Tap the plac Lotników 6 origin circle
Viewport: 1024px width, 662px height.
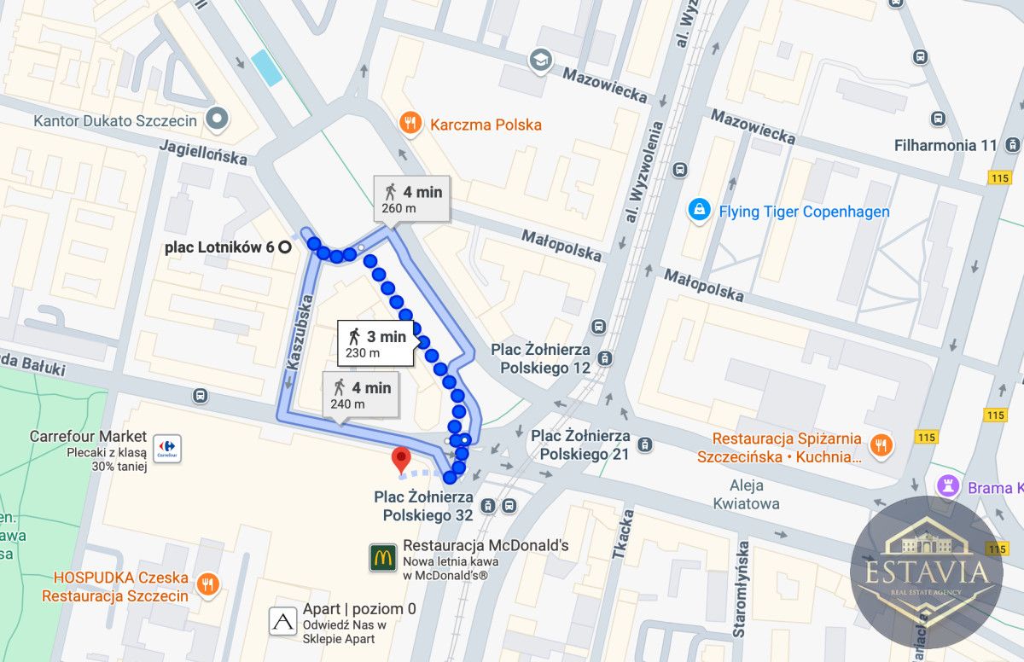tap(284, 247)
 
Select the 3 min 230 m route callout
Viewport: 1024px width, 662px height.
tap(375, 344)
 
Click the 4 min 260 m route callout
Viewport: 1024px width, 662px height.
tap(411, 199)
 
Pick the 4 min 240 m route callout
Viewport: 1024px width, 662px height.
tap(361, 395)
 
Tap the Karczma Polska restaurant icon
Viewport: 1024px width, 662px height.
tap(411, 125)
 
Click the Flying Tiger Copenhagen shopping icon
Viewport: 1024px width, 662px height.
tap(700, 211)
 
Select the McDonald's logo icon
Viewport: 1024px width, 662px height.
tap(382, 557)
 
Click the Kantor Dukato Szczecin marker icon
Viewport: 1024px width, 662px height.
tap(218, 120)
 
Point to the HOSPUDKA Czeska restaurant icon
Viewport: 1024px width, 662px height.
tap(207, 585)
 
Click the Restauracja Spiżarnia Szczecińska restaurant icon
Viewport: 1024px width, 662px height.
tap(881, 444)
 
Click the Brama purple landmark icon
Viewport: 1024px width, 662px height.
tap(947, 487)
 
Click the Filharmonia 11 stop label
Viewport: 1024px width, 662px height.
tap(945, 145)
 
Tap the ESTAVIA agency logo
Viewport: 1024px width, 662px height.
tap(927, 572)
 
